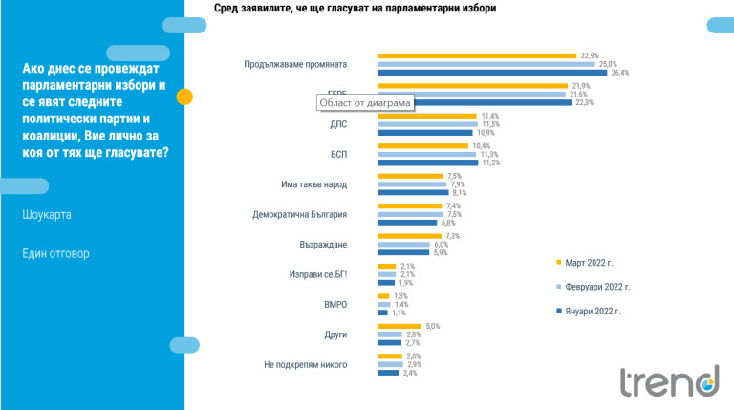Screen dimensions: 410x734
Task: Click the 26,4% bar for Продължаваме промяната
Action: (492, 73)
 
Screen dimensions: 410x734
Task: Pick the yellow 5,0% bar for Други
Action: (399, 326)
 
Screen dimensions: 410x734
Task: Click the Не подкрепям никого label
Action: (305, 364)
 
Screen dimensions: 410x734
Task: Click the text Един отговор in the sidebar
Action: (56, 253)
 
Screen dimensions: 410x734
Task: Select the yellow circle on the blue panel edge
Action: (185, 96)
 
